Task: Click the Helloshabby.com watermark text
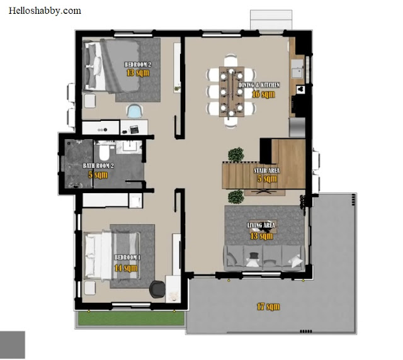[x=45, y=11]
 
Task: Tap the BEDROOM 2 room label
[x=138, y=64]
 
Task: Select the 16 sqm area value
[x=263, y=94]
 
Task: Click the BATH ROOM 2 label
[x=98, y=166]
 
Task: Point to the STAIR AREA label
[x=267, y=171]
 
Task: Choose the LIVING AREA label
[x=261, y=225]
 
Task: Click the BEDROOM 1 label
[x=127, y=257]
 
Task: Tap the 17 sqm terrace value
[x=268, y=307]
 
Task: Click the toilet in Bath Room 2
[x=104, y=152]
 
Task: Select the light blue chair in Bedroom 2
[x=134, y=111]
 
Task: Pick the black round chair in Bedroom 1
[x=157, y=290]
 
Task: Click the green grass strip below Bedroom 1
[x=131, y=318]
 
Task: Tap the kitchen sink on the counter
[x=297, y=69]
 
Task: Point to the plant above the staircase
[x=236, y=155]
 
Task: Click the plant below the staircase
[x=236, y=197]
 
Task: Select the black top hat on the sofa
[x=254, y=256]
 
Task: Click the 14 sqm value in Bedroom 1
[x=126, y=268]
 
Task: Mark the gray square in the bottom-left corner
[x=13, y=345]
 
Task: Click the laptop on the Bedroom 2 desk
[x=134, y=129]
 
